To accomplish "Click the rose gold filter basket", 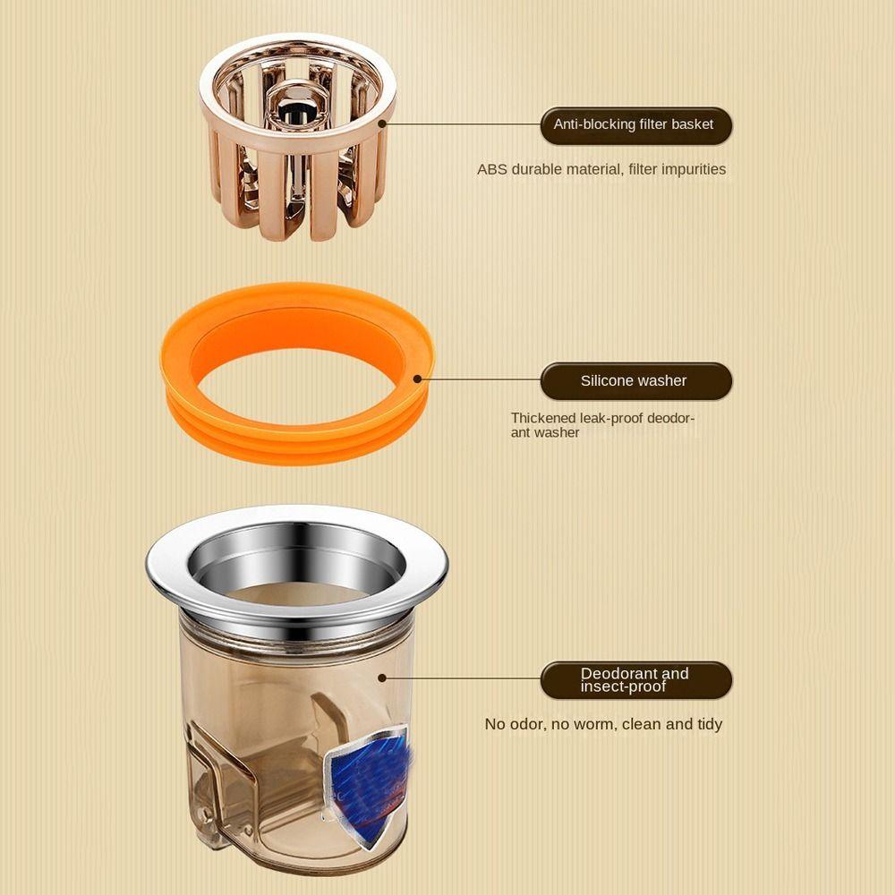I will pos(295,179).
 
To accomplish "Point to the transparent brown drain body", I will pos(268,716).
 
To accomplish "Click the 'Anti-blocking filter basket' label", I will pos(634,124).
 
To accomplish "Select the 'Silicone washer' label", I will pos(634,380).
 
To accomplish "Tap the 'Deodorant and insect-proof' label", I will pos(634,680).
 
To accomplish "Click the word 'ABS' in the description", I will pos(491,169).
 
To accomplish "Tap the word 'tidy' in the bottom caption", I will pos(710,724).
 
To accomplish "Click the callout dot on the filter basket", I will pos(382,124).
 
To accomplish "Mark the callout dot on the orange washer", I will pos(418,379).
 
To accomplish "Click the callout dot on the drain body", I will pos(382,678).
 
